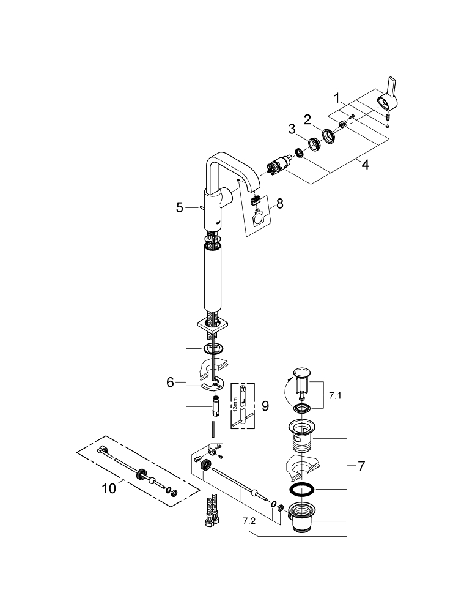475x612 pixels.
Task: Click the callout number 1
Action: [x=336, y=97]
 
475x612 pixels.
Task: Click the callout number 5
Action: [x=180, y=207]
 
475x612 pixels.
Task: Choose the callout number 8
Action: [x=279, y=203]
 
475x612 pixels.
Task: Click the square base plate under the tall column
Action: [x=212, y=325]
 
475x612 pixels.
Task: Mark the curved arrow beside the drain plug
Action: [x=286, y=392]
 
